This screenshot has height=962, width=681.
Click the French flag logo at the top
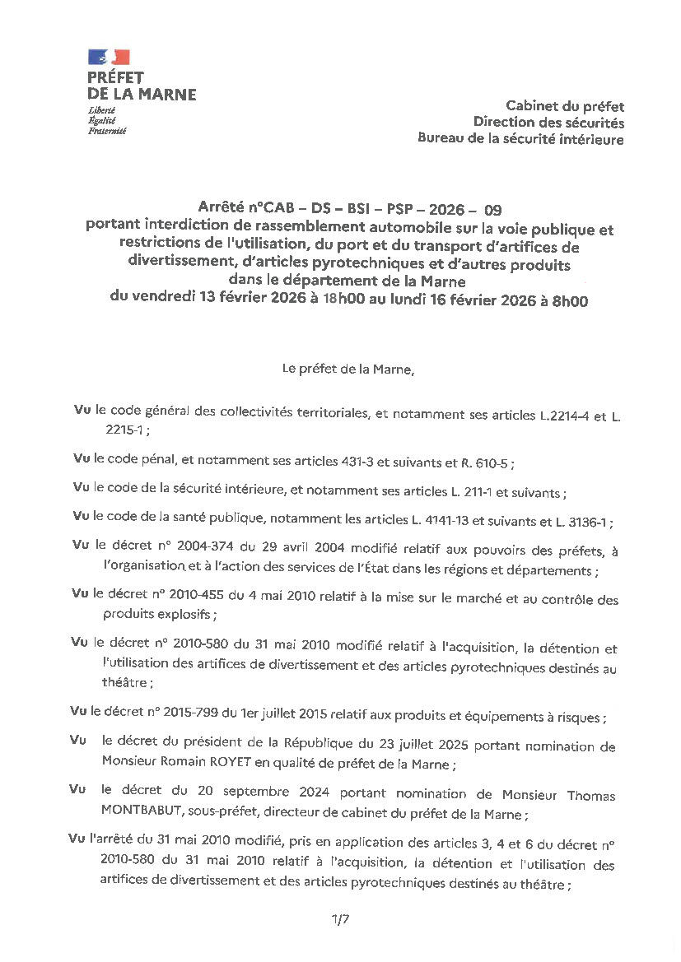(x=109, y=57)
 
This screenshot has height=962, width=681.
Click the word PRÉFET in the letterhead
(x=115, y=78)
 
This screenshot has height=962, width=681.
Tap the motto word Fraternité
(x=107, y=130)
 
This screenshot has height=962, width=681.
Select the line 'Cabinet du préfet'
(x=565, y=106)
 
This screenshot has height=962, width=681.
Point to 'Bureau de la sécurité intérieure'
(x=520, y=139)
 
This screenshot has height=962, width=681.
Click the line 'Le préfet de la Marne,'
(x=348, y=369)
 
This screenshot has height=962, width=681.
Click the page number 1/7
(x=341, y=919)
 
